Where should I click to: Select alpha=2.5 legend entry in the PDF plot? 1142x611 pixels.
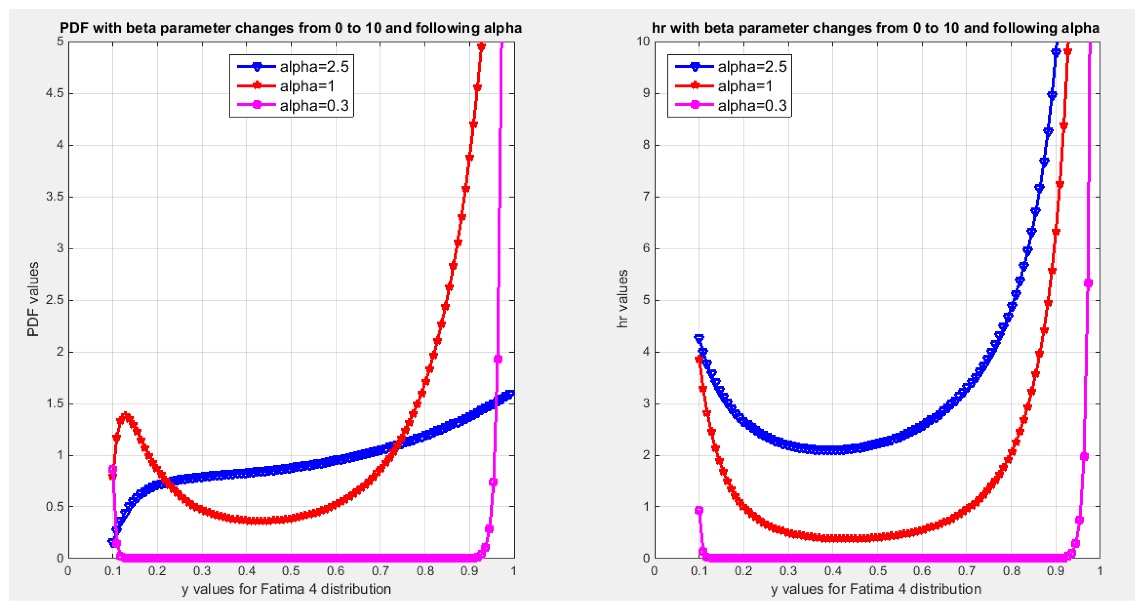pos(314,66)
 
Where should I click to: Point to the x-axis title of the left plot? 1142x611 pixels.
pos(286,589)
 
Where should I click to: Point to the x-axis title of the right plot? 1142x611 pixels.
pos(876,589)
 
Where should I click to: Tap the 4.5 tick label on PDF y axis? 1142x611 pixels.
pos(55,93)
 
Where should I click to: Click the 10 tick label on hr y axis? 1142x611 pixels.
pos(643,41)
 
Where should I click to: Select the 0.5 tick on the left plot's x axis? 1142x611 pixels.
pos(291,571)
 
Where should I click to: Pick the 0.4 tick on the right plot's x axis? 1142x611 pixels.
pos(833,571)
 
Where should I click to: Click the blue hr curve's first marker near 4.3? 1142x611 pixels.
pos(699,338)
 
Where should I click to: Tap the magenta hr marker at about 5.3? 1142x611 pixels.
pos(1087,283)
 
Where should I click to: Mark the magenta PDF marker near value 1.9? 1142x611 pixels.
pos(498,359)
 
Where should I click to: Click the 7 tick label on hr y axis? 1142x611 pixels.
pos(646,197)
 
